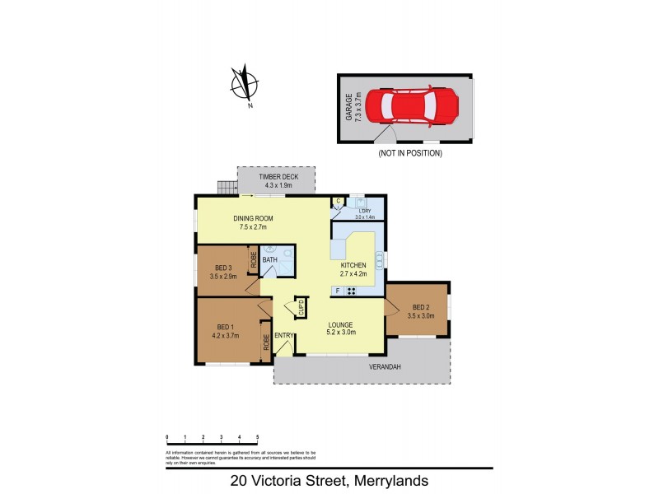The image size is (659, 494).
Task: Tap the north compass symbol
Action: pos(245,85)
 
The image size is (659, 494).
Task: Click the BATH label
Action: pos(269,260)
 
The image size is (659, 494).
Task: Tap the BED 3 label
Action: pos(222,272)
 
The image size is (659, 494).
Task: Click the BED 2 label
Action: pos(420,310)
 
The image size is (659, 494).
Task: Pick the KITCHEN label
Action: pos(353,269)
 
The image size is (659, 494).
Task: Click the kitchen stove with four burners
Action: pos(352,291)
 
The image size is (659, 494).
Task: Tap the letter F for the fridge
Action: pos(337,291)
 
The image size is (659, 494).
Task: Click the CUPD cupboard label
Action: pos(301,310)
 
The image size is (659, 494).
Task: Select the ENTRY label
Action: pos(284,335)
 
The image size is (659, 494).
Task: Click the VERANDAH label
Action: pos(384,367)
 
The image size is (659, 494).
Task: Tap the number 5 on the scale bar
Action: pos(258,437)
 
